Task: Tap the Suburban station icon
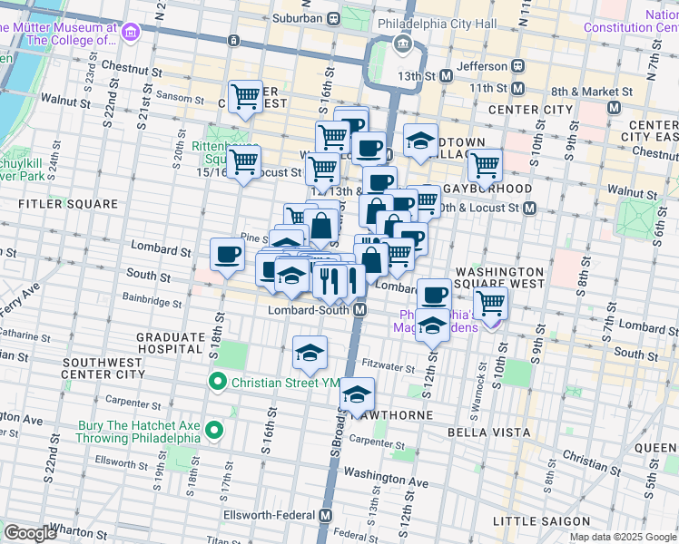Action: pos(334,17)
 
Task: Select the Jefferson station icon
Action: pos(517,65)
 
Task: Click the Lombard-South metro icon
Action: pos(359,310)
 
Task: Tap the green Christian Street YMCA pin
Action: pos(217,382)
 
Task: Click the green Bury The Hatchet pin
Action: pos(214,430)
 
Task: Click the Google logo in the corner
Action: pos(30,532)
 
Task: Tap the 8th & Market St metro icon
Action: pos(614,106)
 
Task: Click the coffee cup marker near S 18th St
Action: pos(227,254)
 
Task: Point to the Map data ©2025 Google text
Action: pos(623,537)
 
